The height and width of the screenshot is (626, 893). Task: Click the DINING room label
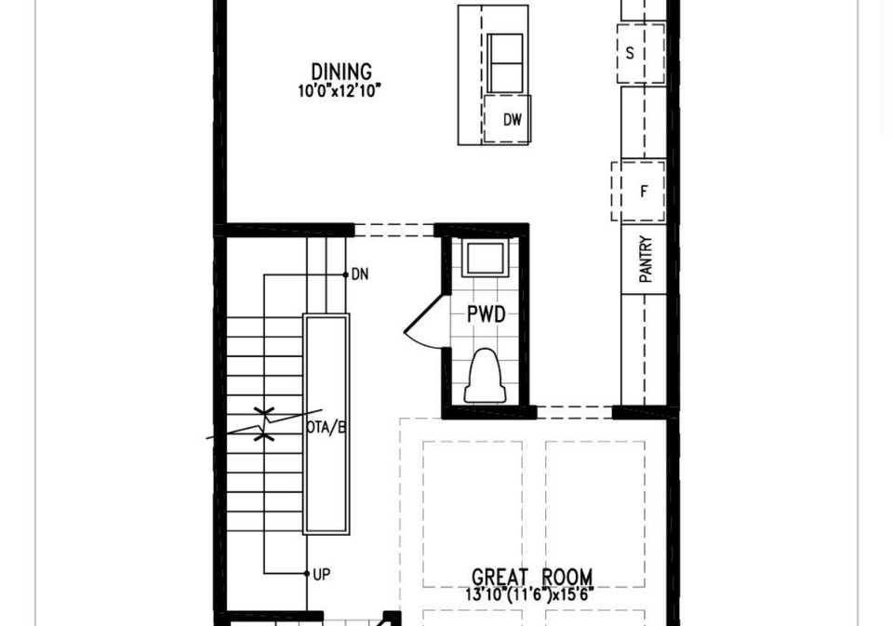coord(341,72)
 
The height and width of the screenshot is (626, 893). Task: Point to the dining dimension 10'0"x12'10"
coord(340,90)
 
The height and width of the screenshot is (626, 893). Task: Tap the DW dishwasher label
coord(512,120)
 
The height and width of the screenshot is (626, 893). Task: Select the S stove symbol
coord(641,54)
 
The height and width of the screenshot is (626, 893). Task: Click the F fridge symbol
coord(638,191)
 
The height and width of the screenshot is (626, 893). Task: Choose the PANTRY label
coord(646,260)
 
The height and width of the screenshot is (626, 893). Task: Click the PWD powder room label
coord(486,313)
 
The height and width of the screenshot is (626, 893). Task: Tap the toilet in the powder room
coord(486,376)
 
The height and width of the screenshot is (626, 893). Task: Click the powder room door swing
coord(422,325)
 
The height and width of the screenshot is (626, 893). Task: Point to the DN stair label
coord(360,274)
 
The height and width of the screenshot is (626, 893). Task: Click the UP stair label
coord(322,574)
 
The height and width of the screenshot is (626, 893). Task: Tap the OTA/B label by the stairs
coord(326,427)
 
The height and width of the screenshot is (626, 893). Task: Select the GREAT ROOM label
coord(532,577)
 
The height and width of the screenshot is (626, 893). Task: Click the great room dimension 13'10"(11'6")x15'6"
coord(529,594)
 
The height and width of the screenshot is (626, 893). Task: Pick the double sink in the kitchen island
coord(505,62)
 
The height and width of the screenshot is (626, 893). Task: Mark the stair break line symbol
coord(263,424)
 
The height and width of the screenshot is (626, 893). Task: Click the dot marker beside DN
coord(346,274)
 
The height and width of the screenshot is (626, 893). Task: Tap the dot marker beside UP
coord(307,574)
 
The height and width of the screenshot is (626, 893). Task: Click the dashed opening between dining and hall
coord(394,230)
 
